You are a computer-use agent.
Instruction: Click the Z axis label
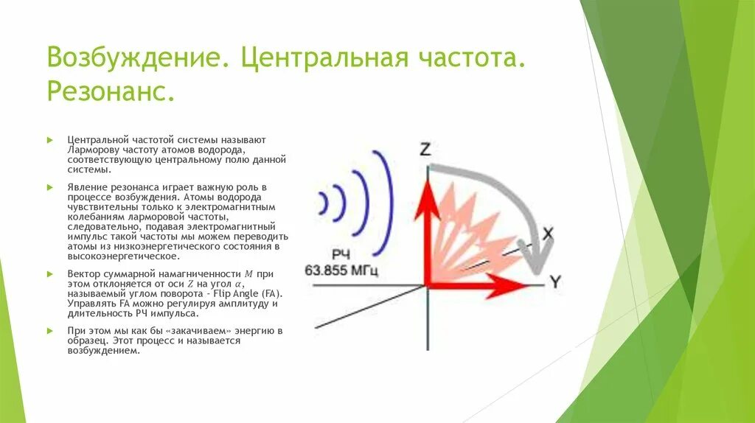[x=425, y=149]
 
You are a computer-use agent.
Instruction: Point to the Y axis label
[x=555, y=282]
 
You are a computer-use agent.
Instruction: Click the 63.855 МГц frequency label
[x=341, y=271]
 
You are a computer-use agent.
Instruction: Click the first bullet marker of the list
[x=49, y=139]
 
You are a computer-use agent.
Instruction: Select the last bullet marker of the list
[x=49, y=330]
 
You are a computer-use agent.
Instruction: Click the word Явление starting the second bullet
[x=86, y=188]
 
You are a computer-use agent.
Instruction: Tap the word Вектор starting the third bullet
[x=83, y=273]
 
